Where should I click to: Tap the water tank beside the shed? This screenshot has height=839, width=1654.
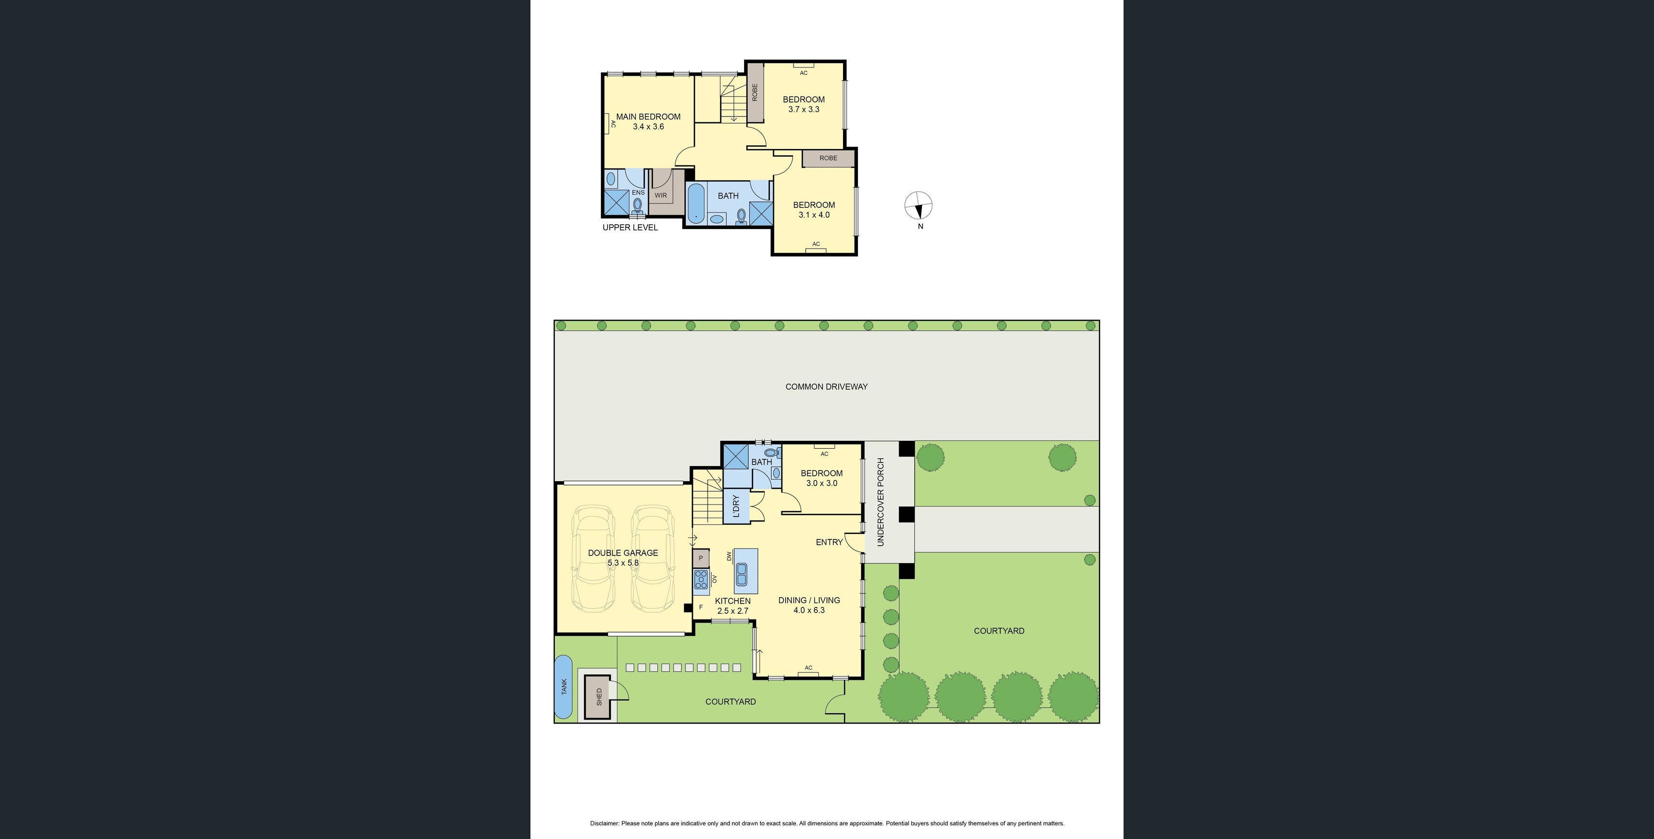[x=564, y=687]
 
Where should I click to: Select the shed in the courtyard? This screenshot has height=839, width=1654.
[x=599, y=697]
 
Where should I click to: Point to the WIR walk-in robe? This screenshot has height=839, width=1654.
[x=661, y=195]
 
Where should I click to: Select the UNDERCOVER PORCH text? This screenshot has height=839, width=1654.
[x=880, y=502]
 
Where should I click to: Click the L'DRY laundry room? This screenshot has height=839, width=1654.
[x=736, y=505]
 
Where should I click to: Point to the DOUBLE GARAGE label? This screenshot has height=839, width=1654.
[x=623, y=553]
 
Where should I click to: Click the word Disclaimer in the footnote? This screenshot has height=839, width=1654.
[x=604, y=823]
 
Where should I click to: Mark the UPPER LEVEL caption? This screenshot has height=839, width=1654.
[x=630, y=227]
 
